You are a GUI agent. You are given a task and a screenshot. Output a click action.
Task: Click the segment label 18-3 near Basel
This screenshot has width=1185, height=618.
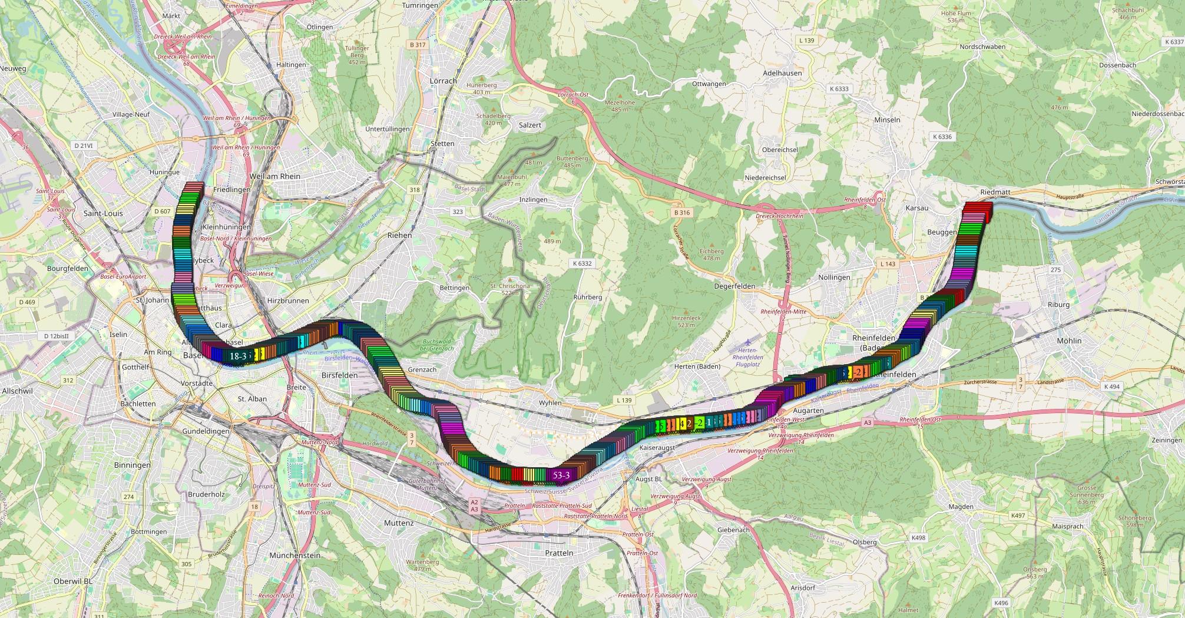tap(238, 356)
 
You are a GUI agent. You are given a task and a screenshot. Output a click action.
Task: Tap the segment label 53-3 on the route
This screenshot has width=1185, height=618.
tap(561, 475)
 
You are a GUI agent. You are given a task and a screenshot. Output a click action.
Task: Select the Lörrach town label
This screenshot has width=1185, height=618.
tap(443, 81)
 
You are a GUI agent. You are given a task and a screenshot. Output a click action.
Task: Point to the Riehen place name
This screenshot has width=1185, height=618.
tap(400, 235)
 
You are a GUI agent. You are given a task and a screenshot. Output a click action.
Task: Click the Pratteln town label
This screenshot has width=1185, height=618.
tap(559, 553)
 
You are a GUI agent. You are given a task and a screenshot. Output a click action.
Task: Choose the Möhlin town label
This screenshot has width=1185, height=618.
tap(1069, 341)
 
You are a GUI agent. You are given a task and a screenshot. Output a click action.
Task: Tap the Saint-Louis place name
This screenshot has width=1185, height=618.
tap(104, 213)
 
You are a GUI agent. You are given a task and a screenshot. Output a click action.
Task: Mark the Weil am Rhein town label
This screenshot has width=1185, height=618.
tap(275, 176)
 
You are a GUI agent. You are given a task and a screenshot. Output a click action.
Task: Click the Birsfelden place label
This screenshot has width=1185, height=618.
tap(340, 375)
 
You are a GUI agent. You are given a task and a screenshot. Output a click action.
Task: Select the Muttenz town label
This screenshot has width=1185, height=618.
tap(399, 523)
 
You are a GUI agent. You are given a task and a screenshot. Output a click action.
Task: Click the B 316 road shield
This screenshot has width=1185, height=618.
tap(681, 213)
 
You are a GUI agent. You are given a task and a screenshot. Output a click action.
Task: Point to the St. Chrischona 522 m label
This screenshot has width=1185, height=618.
tap(510, 289)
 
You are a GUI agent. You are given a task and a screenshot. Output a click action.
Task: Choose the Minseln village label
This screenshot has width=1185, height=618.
tap(887, 120)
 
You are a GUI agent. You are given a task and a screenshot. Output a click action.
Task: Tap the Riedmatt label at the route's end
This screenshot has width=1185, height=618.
tap(995, 192)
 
